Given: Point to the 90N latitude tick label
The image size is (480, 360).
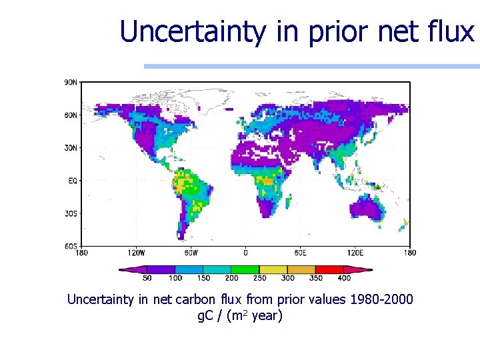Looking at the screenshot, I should click(x=70, y=82).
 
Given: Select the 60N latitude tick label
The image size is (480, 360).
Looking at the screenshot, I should click(x=70, y=115).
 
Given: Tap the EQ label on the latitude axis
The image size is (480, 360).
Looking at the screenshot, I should click(x=73, y=180).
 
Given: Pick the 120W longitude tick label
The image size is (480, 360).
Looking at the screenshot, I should click(x=136, y=253).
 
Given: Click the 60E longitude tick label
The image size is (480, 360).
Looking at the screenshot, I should click(x=301, y=253).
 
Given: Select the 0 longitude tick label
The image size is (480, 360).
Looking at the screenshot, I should click(x=245, y=253).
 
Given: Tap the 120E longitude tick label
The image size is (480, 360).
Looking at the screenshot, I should click(x=355, y=253).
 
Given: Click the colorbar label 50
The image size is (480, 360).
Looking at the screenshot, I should click(x=147, y=278).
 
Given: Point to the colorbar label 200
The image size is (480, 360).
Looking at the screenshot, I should click(x=231, y=278).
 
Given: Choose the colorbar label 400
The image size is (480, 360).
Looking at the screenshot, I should click(x=344, y=278).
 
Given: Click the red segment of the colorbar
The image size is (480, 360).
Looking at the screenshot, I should click(x=330, y=270).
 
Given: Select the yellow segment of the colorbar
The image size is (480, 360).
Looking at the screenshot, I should click(x=273, y=270).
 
